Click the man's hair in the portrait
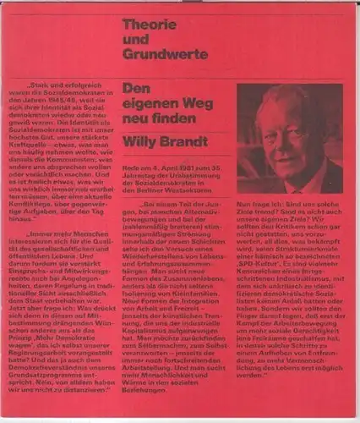click(x=300, y=102)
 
